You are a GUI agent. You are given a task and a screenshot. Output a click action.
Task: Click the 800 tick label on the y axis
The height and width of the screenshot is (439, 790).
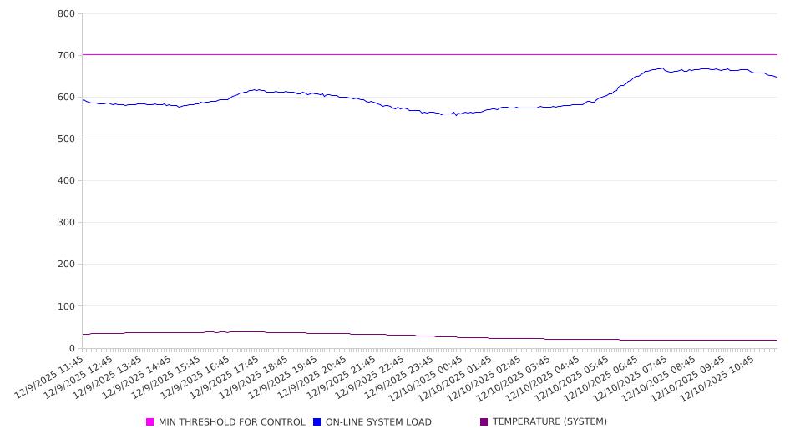click(x=67, y=14)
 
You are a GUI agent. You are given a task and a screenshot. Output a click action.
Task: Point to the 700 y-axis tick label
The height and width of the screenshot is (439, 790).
click(x=67, y=56)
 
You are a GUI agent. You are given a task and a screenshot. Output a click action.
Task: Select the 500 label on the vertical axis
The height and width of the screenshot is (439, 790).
click(x=67, y=139)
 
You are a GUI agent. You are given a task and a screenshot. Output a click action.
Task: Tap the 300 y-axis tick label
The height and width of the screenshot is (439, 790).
click(x=67, y=223)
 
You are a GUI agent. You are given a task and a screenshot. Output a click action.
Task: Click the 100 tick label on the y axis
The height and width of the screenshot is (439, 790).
click(x=67, y=306)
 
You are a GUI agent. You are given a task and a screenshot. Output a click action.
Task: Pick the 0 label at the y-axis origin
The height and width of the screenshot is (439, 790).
click(x=73, y=348)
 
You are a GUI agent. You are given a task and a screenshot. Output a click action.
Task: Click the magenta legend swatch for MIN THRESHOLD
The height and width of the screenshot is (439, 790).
click(x=150, y=422)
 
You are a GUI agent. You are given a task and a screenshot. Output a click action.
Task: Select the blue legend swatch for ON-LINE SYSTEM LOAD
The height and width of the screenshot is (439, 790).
click(x=317, y=422)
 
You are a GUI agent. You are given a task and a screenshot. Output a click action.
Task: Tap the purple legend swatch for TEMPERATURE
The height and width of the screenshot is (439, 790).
click(x=484, y=422)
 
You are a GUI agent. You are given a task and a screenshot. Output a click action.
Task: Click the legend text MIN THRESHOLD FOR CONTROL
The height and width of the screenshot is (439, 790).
click(x=231, y=422)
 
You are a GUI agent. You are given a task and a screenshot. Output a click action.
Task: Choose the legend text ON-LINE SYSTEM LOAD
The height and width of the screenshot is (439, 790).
click(x=378, y=422)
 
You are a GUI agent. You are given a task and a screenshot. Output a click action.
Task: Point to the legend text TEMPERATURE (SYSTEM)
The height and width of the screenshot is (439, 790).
click(x=549, y=422)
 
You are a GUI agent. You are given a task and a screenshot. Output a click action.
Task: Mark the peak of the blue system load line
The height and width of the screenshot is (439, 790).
click(x=662, y=68)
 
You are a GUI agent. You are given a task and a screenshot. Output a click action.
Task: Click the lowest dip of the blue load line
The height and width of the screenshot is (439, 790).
click(x=456, y=115)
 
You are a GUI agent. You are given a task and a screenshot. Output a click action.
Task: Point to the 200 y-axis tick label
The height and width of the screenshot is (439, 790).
click(x=67, y=265)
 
